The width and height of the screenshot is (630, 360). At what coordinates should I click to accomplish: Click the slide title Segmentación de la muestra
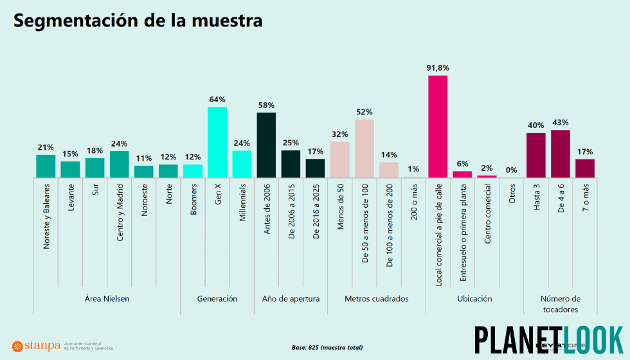click(x=138, y=21)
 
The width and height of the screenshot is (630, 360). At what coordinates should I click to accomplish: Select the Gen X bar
click(x=217, y=142)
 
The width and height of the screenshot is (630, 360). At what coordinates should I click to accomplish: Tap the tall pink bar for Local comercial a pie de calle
click(x=438, y=126)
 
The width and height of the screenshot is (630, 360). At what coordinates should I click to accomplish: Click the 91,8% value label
click(x=438, y=67)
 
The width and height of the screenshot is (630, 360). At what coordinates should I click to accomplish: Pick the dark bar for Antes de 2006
click(x=266, y=145)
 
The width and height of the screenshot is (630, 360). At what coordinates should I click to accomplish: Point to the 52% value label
click(x=364, y=111)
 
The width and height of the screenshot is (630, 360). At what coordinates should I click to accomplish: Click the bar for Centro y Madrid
click(x=119, y=164)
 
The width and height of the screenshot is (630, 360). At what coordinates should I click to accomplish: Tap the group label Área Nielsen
click(x=107, y=298)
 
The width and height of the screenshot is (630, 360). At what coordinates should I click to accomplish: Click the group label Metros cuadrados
click(x=376, y=298)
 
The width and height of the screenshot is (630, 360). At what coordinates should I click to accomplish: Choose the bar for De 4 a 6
click(x=561, y=154)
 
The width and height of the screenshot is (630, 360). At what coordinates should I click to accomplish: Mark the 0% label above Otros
click(x=512, y=170)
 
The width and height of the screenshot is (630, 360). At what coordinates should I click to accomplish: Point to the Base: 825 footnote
click(x=327, y=347)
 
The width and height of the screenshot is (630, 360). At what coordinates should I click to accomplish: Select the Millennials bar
click(x=242, y=164)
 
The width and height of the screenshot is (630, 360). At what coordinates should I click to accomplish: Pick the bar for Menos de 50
click(x=339, y=159)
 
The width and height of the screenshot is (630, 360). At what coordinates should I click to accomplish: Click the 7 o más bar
click(x=585, y=168)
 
